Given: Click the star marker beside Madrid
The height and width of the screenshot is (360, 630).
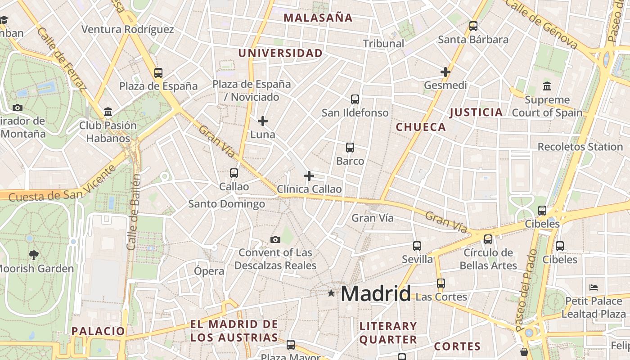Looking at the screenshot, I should pyautogui.click(x=331, y=293).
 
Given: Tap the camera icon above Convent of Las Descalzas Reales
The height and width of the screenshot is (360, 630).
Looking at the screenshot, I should pyautogui.click(x=275, y=239).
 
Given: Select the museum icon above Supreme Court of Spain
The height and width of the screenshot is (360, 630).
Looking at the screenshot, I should pyautogui.click(x=547, y=86).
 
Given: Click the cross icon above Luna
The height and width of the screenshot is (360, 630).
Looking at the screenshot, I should pyautogui.click(x=263, y=121).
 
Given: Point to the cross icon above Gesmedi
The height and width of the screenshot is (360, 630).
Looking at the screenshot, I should pyautogui.click(x=445, y=72).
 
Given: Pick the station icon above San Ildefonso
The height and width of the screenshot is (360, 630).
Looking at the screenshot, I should pyautogui.click(x=355, y=99).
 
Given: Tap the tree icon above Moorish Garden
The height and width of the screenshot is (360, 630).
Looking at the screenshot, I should pyautogui.click(x=33, y=255).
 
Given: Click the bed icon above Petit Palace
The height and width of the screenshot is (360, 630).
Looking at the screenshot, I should pyautogui.click(x=594, y=287).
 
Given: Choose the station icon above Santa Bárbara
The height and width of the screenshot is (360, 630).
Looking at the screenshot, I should pyautogui.click(x=473, y=26).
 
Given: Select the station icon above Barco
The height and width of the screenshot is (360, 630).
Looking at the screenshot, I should pyautogui.click(x=350, y=147).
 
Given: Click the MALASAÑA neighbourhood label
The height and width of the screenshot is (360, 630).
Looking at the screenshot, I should pyautogui.click(x=318, y=18).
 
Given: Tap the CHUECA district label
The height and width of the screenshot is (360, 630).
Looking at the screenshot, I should pyautogui.click(x=421, y=127).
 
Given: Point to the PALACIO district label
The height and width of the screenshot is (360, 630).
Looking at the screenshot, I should pyautogui.click(x=98, y=331).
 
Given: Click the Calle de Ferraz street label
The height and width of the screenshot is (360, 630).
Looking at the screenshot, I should pyautogui.click(x=61, y=58).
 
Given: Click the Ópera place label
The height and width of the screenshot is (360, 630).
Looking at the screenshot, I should pyautogui.click(x=209, y=271).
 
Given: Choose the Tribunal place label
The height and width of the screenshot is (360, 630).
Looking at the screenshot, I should pyautogui.click(x=383, y=44).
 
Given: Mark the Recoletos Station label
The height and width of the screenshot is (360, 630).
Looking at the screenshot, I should pyautogui.click(x=580, y=147).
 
